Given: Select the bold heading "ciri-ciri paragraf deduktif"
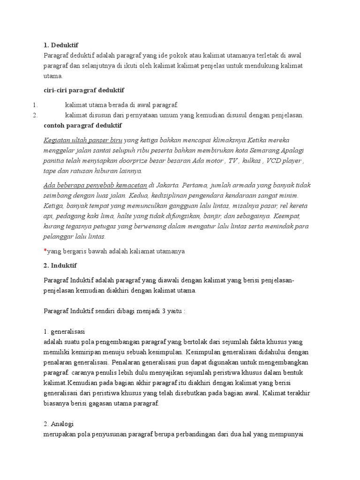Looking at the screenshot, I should [x=83, y=90].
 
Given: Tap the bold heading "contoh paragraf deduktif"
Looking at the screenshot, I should [x=82, y=126].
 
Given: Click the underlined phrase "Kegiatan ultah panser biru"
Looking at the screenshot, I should [x=83, y=140].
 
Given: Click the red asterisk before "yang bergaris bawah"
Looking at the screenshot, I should [x=45, y=251].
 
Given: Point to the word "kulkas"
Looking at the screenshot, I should [x=254, y=161].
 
